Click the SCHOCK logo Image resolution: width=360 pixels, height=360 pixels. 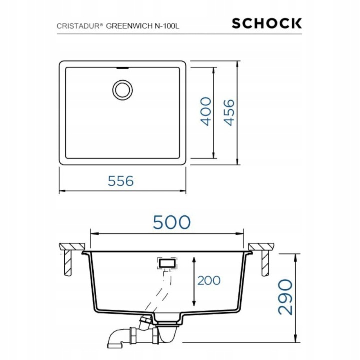click(x=267, y=23)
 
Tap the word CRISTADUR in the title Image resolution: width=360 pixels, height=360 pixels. click(x=78, y=26)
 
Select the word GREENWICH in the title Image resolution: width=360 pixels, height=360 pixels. click(x=129, y=26)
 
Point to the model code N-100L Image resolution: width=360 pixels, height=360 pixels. click(x=167, y=26)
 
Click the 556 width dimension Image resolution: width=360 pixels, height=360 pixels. click(x=121, y=181)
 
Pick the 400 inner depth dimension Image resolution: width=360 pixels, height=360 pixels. click(x=206, y=111)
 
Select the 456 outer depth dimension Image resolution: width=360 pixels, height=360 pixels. click(x=229, y=112)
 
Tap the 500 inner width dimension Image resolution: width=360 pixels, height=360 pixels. click(x=172, y=222)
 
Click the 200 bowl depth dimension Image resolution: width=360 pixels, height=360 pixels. click(x=209, y=280)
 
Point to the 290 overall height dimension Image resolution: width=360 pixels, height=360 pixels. click(x=285, y=297)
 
